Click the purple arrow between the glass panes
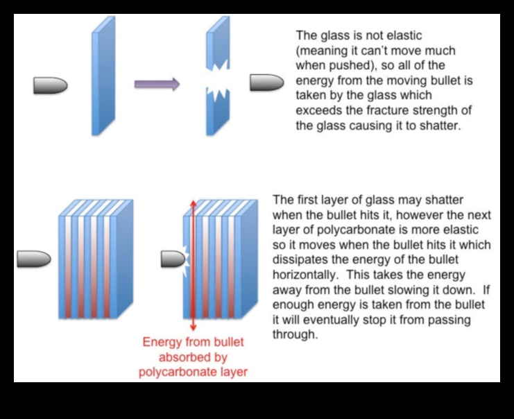pos(157,85)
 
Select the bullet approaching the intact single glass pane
pos(50,85)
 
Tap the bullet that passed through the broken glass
pos(266,83)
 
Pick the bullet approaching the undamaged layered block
pos(34,259)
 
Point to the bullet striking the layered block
pos(173,259)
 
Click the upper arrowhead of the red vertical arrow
pos(193,199)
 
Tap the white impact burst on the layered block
pos(187,259)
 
